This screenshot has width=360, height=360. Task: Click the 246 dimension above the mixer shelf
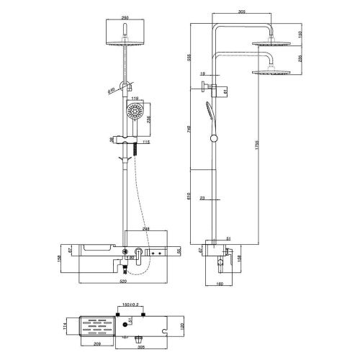(147, 229)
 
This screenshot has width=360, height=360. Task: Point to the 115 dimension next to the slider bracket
(146, 142)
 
